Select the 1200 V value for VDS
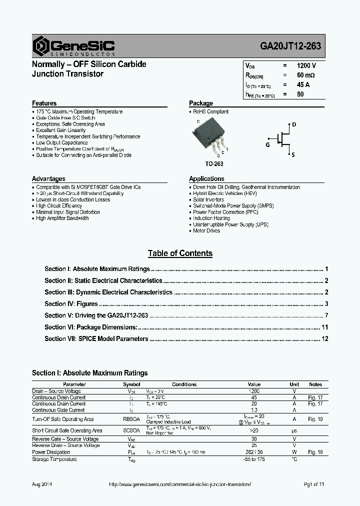click(306, 65)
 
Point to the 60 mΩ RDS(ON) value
click(305, 75)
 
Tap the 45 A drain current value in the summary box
click(303, 84)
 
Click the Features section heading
click(44, 103)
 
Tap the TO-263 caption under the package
click(214, 163)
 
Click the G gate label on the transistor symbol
click(267, 144)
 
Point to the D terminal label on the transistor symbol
click(294, 124)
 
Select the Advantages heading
click(48, 179)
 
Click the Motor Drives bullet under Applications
click(206, 231)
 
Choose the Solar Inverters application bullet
click(208, 199)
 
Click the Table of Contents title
click(180, 253)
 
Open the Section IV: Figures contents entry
click(71, 303)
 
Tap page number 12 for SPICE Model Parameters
click(324, 338)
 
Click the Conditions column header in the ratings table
click(184, 384)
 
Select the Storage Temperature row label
click(54, 459)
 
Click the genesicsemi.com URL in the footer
click(179, 485)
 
